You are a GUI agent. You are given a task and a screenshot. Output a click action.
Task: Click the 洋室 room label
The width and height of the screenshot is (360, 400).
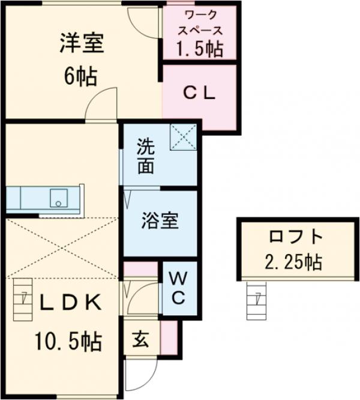coord(82,43)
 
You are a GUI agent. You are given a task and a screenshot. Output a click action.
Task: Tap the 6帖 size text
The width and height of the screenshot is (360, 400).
coord(82,76)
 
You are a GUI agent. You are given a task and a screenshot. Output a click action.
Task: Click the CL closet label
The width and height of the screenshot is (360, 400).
coord(199,93)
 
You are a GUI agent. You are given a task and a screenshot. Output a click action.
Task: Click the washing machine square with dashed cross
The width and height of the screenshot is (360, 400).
coord(183,138)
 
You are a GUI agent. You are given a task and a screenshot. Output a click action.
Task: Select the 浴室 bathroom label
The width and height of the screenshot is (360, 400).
coord(160,221)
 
